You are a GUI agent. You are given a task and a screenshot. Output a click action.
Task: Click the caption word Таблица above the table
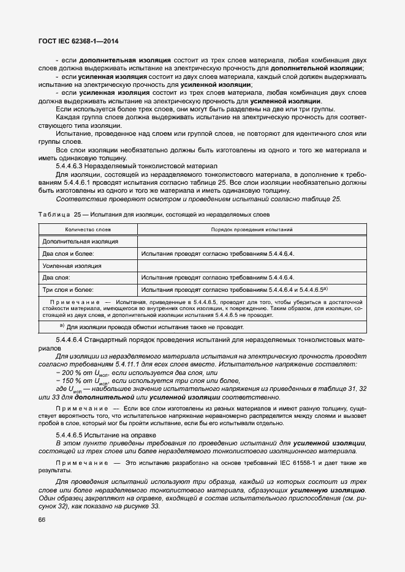(54, 215)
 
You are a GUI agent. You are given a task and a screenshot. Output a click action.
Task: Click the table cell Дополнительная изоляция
(80, 241)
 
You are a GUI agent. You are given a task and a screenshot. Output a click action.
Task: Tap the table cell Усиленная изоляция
(72, 266)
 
